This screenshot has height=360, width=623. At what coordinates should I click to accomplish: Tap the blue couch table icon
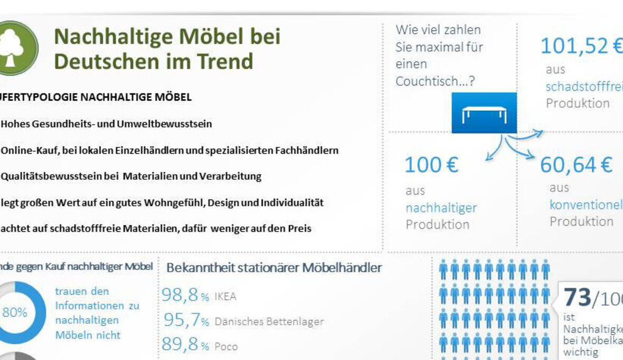coord(484,113)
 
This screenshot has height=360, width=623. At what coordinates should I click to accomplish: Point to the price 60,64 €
coord(576,165)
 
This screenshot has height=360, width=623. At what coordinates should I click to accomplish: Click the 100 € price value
coord(431,165)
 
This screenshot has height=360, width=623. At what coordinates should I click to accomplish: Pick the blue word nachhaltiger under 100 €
coord(441,208)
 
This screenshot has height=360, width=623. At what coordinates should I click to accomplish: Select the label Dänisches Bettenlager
coord(269,321)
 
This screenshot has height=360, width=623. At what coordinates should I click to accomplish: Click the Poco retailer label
coord(226,347)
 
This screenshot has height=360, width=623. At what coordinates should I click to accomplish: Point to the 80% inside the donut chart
coord(15,312)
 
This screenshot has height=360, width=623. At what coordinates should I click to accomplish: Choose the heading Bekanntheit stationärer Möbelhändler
coord(274,268)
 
